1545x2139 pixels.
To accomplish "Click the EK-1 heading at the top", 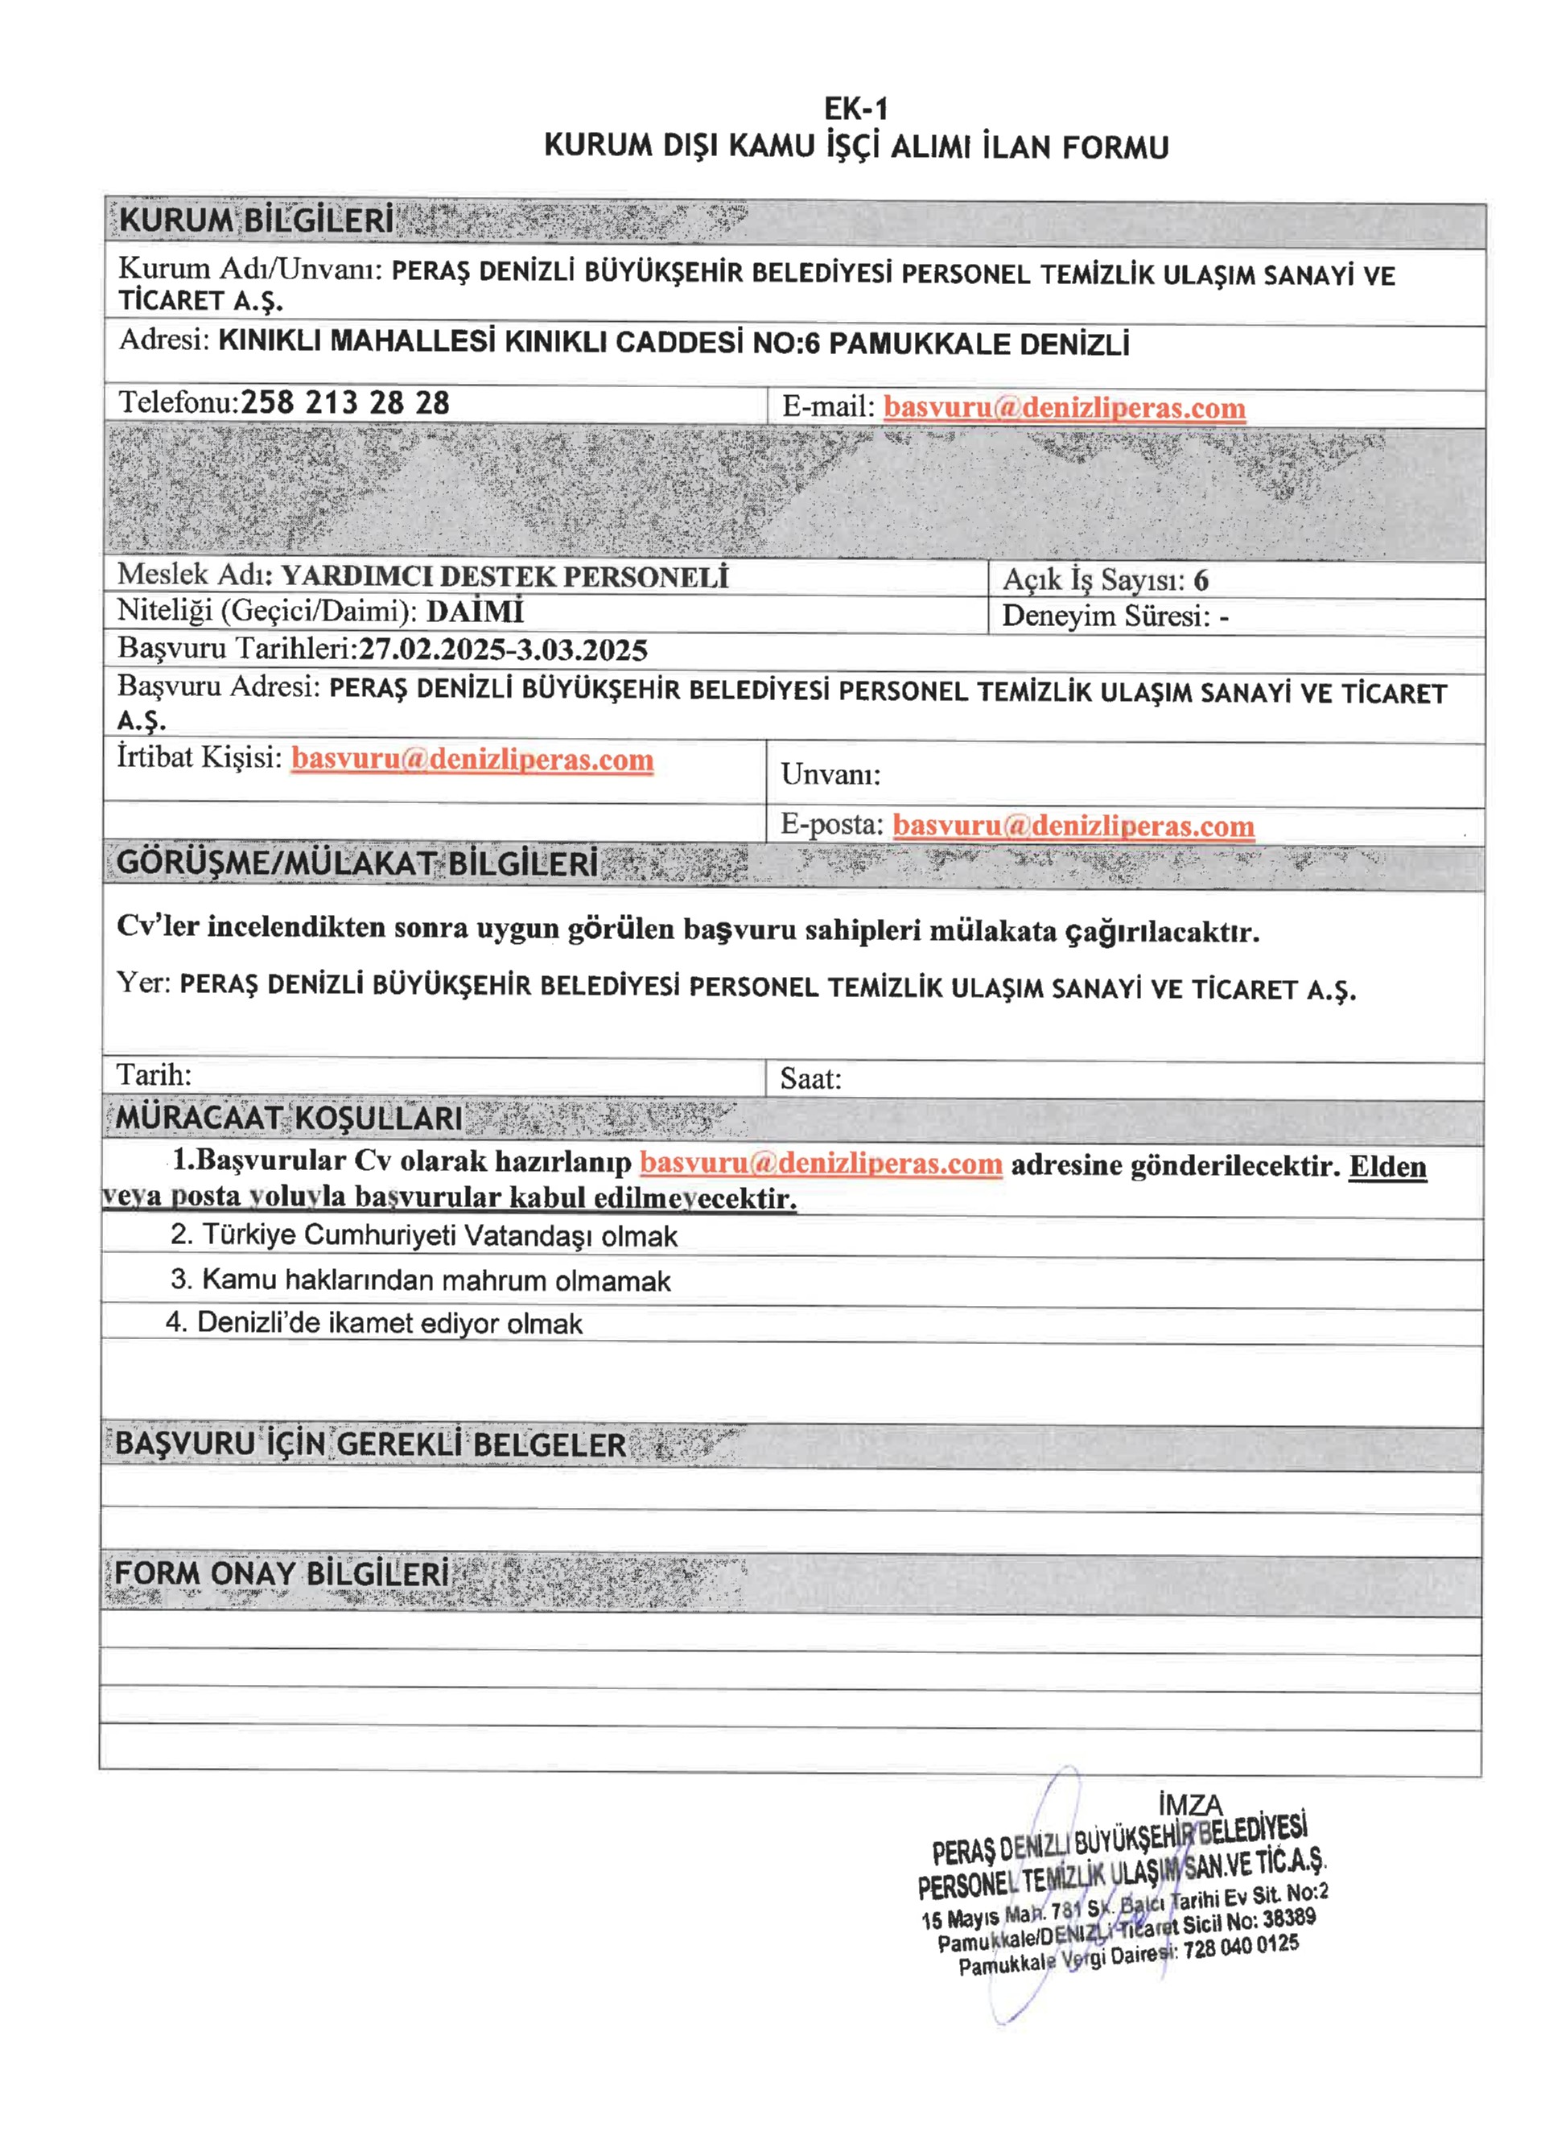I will coord(855,109).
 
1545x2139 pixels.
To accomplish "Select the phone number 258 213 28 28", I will coord(345,404).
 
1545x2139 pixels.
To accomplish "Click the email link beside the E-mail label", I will coord(1064,408).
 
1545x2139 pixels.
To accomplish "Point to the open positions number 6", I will coord(1200,580).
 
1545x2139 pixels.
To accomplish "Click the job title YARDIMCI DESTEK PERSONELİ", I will coord(505,576).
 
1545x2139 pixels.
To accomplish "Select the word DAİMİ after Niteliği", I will coord(475,612).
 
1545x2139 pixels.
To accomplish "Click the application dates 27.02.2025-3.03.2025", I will coord(503,649).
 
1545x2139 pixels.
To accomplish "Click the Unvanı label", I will coord(830,775).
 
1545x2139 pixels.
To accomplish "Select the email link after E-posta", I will coord(1073,826).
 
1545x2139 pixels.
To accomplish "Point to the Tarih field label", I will coord(154,1074).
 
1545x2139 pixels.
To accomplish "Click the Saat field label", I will coord(810,1079).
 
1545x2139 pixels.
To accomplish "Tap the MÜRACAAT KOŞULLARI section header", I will coord(289,1119).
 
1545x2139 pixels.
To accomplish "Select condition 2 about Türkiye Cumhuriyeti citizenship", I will coord(423,1235).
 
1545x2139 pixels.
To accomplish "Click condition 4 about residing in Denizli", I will coord(373,1323).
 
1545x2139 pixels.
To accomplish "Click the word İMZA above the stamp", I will coord(1190,1805).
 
